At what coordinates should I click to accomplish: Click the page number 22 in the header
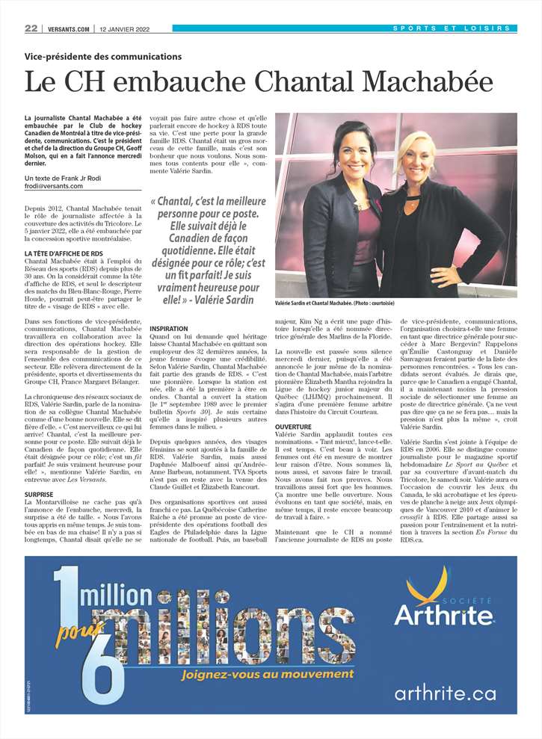coord(31,28)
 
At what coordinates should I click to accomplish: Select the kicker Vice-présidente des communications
coord(103,56)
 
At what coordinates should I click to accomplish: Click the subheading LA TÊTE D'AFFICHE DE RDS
coord(64,254)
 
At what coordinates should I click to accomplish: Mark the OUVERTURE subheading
coord(293,426)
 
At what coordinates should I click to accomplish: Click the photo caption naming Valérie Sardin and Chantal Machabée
coord(334,303)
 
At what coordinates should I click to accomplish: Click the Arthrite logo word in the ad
coord(444,614)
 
